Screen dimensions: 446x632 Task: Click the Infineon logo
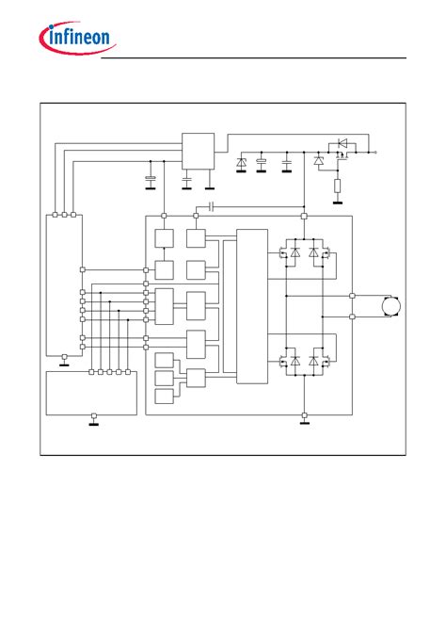tap(77, 37)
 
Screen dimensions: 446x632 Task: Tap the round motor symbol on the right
tap(391, 306)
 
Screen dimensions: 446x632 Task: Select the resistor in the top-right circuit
tap(338, 186)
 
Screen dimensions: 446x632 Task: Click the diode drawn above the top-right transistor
tap(342, 143)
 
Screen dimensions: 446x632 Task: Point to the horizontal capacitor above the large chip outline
tap(212, 207)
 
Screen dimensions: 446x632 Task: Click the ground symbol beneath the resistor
tap(338, 203)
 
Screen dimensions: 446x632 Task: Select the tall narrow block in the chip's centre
tap(252, 306)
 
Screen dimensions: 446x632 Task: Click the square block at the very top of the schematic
tap(198, 151)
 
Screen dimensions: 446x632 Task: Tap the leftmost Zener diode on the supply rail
tap(241, 162)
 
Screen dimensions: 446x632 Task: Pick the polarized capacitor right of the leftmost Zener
tap(262, 162)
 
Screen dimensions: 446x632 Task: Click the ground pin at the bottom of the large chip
tap(304, 414)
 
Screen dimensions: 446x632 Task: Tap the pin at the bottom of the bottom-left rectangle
tap(94, 415)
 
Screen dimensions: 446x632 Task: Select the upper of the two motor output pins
tap(352, 296)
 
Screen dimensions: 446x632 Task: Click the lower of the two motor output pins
tap(352, 316)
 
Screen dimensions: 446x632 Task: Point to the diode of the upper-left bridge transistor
tap(295, 252)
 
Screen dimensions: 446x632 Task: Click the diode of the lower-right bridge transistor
tap(313, 361)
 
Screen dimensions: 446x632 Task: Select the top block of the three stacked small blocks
tap(165, 360)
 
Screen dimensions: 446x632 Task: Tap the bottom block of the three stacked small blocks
tap(165, 397)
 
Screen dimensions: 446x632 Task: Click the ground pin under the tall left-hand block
tap(64, 357)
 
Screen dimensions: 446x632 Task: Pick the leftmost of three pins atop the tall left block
tap(56, 215)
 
